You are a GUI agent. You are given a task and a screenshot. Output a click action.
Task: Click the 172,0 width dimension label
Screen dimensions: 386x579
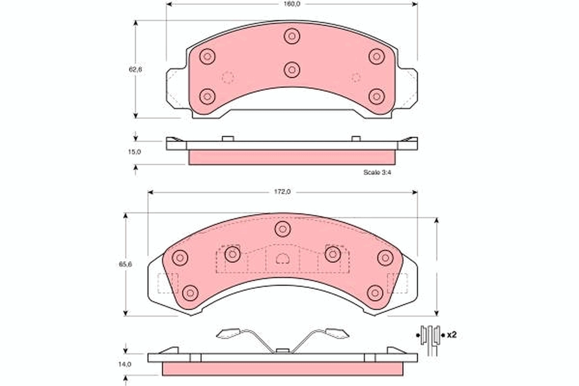click(x=282, y=192)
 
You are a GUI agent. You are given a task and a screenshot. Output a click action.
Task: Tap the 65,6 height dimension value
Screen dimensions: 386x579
click(x=126, y=264)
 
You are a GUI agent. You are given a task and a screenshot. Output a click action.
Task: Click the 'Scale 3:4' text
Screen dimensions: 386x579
click(x=376, y=172)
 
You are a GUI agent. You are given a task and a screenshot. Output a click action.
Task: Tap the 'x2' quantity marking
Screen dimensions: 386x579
click(x=452, y=334)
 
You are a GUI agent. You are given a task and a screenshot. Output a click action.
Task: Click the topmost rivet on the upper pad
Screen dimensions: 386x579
click(x=292, y=36)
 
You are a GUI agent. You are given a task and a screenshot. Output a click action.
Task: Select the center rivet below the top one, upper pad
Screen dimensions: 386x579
click(x=292, y=70)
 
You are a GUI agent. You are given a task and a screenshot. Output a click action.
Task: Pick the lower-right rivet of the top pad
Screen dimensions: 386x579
click(x=376, y=96)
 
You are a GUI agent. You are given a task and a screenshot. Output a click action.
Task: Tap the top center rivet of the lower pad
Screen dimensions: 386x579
click(x=283, y=229)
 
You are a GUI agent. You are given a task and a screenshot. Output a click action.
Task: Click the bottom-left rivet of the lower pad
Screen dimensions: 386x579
click(x=191, y=292)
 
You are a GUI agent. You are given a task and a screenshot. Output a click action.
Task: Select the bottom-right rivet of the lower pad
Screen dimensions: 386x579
click(x=375, y=292)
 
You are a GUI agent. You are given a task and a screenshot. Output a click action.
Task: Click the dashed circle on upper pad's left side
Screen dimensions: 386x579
click(x=227, y=77)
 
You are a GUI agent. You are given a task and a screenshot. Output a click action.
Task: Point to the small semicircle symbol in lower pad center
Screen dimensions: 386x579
click(x=282, y=259)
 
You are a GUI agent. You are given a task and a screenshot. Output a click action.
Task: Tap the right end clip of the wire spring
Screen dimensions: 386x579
click(x=336, y=333)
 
